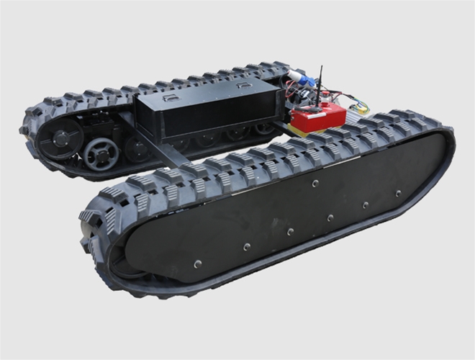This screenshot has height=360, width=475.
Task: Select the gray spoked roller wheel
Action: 100,153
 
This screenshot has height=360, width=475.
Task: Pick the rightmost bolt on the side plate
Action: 397,193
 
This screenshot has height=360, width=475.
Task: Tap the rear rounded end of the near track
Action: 443,144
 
